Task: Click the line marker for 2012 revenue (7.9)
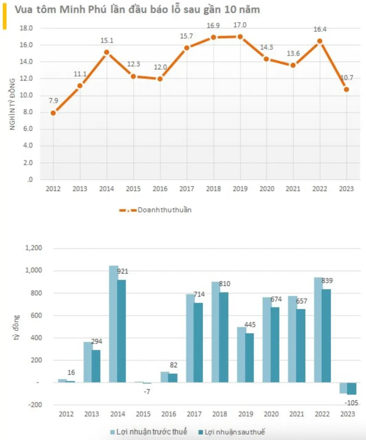pyautogui.click(x=53, y=113)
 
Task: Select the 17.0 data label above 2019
pyautogui.click(x=240, y=25)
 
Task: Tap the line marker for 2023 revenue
pyautogui.click(x=346, y=89)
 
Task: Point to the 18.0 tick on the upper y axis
pyautogui.click(x=26, y=28)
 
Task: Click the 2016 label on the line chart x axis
pyautogui.click(x=160, y=189)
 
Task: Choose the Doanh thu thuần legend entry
pyautogui.click(x=155, y=210)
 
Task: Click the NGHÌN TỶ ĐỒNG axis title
pyautogui.click(x=12, y=104)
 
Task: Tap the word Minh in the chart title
pyautogui.click(x=72, y=10)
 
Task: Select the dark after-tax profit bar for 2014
pyautogui.click(x=121, y=331)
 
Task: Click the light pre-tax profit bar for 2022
pyautogui.click(x=318, y=330)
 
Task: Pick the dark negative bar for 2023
pyautogui.click(x=352, y=388)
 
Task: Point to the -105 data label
pyautogui.click(x=351, y=403)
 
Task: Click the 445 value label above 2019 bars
pyautogui.click(x=250, y=324)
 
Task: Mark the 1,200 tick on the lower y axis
pyautogui.click(x=33, y=248)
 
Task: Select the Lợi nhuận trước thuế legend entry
pyautogui.click(x=149, y=432)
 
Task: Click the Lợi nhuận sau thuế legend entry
pyautogui.click(x=231, y=432)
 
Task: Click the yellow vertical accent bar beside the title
pyautogui.click(x=4, y=16)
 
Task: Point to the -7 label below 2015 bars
pyautogui.click(x=147, y=392)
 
